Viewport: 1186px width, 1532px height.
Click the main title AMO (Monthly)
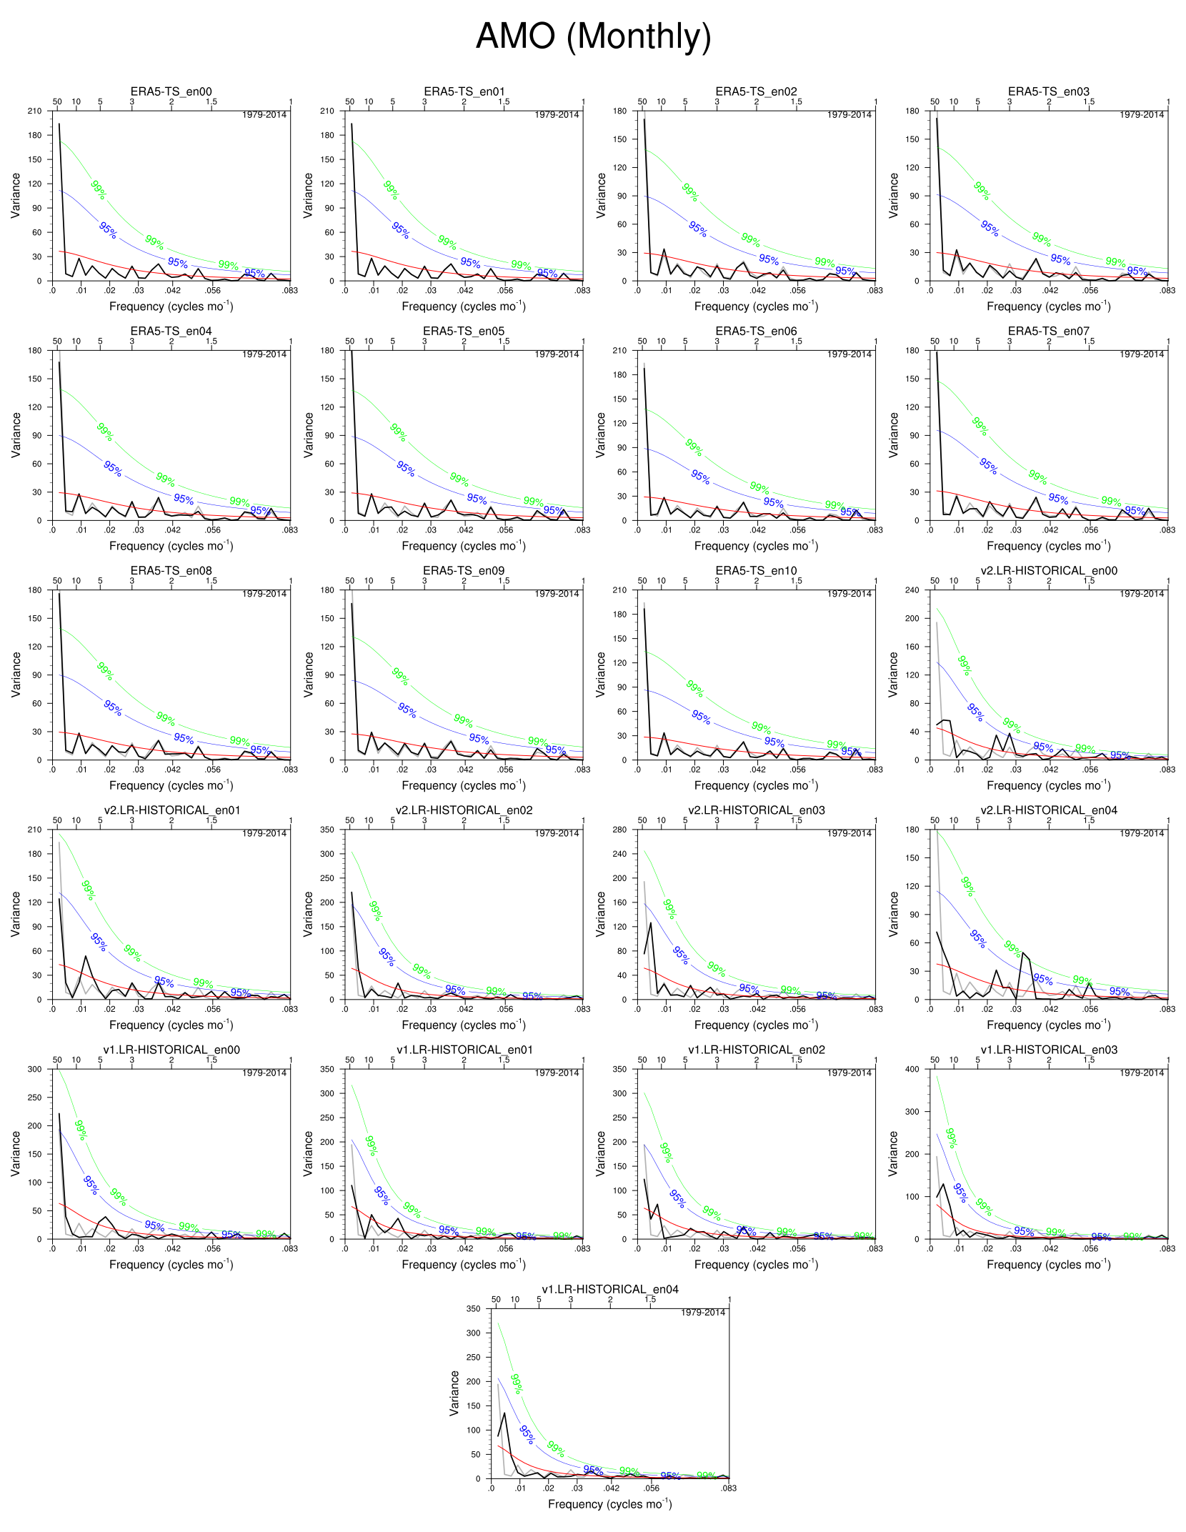pos(593,36)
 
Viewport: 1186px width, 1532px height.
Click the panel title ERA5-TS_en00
pos(171,91)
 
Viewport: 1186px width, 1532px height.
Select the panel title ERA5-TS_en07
pos(1048,331)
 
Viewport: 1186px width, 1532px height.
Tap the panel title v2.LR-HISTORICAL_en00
pos(1048,570)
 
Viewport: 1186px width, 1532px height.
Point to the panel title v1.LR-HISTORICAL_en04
pos(609,1289)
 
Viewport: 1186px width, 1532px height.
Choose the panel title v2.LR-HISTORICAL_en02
pos(464,810)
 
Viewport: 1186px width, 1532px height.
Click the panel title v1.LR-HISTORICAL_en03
pos(1048,1049)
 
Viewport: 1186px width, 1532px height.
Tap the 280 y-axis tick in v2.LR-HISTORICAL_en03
pos(619,830)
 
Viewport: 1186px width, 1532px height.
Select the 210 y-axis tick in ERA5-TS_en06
pos(619,351)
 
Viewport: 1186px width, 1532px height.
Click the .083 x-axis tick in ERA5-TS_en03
pos(1167,290)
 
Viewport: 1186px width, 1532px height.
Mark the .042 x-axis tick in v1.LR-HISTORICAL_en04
pos(612,1488)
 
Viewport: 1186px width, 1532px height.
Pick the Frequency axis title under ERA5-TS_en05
pos(464,546)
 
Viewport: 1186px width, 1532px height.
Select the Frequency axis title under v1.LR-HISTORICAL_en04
pos(609,1504)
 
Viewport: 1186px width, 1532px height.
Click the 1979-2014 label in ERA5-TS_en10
pos(849,594)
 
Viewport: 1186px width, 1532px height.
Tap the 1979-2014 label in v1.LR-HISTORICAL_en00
pos(264,1073)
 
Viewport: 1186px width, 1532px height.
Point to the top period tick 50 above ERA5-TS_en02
pos(642,101)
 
